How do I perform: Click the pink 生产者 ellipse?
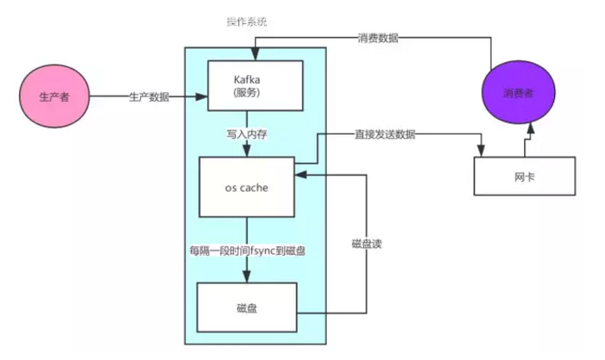[54, 97]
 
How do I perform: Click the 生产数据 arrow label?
[150, 97]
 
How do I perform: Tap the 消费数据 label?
[379, 39]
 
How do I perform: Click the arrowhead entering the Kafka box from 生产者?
[205, 97]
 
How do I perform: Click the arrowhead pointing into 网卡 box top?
[479, 151]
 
